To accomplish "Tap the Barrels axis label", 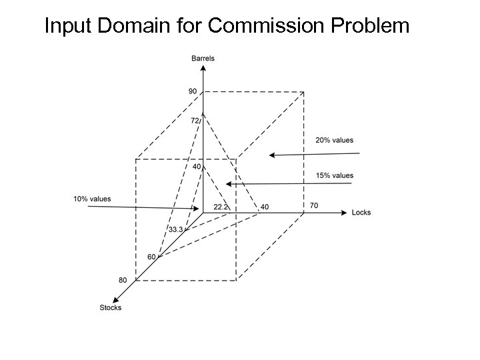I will click(x=203, y=59).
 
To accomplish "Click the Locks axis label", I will click(x=361, y=213).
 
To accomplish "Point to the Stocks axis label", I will click(x=111, y=307).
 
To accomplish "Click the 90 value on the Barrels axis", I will click(x=193, y=91).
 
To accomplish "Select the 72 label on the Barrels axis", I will click(x=195, y=121).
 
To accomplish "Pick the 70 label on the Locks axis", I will click(x=314, y=205).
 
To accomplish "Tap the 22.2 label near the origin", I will click(x=221, y=207).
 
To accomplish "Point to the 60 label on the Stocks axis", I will click(x=151, y=257).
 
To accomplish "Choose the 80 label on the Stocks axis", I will click(x=123, y=280).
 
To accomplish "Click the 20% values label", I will click(x=334, y=140).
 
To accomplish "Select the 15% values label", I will click(x=334, y=175).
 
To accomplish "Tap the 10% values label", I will click(x=92, y=199).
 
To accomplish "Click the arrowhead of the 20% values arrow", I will click(x=271, y=155).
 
